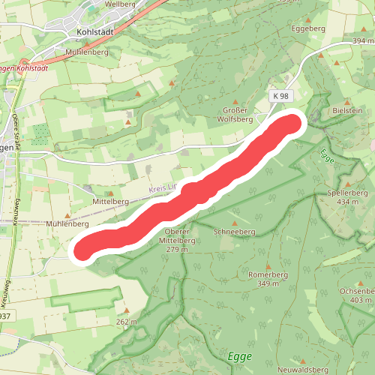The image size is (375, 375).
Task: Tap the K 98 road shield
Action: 280,97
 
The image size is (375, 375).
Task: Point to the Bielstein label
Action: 347,110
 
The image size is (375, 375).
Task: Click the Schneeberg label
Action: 235,232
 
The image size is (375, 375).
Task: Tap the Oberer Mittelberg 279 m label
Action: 179,241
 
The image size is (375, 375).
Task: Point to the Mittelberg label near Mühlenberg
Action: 106,202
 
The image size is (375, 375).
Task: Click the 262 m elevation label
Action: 127,322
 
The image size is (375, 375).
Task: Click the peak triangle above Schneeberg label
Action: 235,223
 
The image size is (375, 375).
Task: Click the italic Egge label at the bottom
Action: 240,356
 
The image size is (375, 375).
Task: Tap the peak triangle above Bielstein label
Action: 346,101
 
